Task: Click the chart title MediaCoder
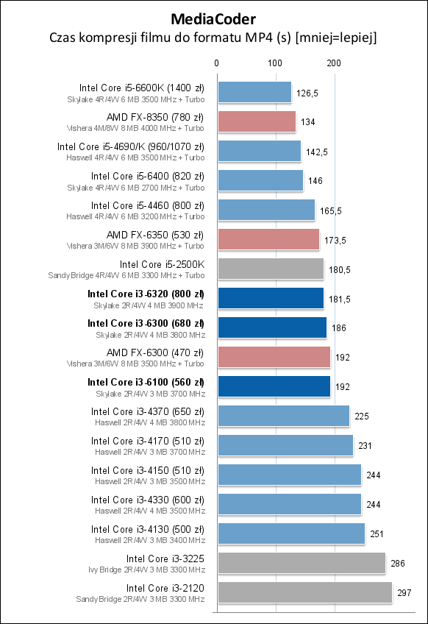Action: point(213,18)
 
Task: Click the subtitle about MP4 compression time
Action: point(213,37)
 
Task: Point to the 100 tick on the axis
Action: point(275,64)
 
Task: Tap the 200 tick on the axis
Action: point(334,64)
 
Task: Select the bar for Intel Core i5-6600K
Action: point(254,93)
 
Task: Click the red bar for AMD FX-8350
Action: point(256,122)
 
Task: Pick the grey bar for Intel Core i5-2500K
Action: point(270,269)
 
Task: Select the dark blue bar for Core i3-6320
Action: point(270,298)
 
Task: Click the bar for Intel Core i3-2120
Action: point(304,592)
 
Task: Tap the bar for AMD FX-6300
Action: point(273,357)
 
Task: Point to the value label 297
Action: point(405,592)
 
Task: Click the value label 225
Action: point(362,416)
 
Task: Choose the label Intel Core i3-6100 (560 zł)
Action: point(146,382)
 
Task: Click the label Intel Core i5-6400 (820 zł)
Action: point(148,176)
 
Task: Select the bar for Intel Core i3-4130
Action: point(291,533)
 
